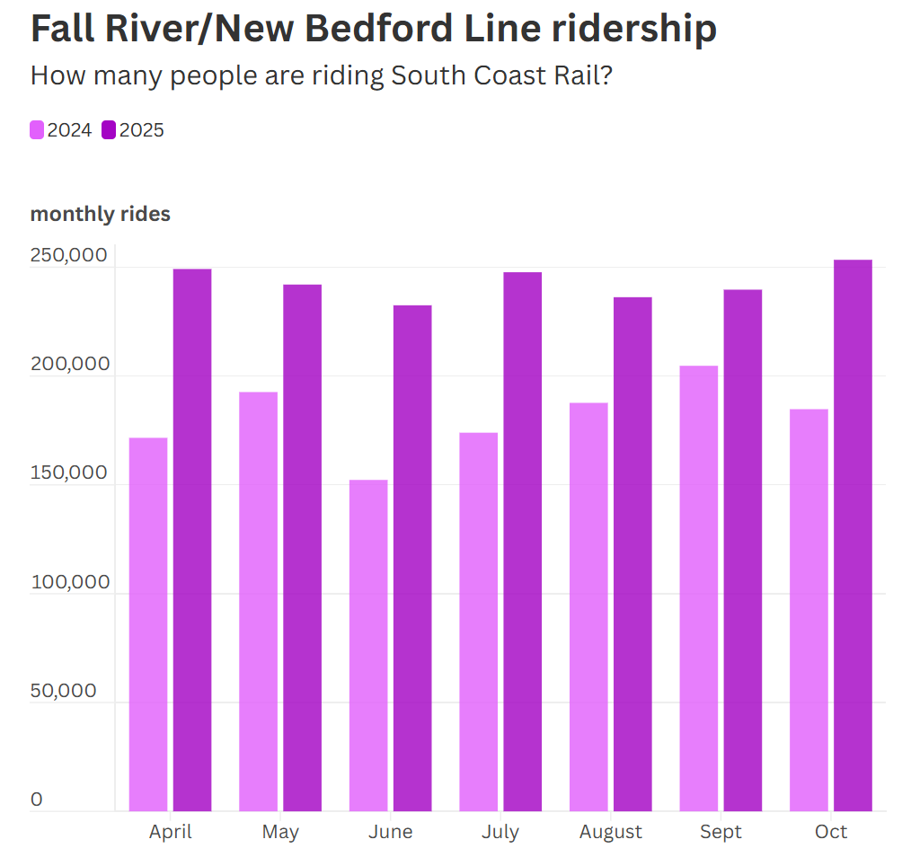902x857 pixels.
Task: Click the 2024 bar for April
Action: (x=148, y=624)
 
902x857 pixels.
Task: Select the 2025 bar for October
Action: (x=853, y=535)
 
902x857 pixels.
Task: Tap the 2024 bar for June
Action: (x=368, y=645)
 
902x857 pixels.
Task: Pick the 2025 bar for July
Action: (x=522, y=542)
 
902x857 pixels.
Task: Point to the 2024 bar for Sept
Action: (x=698, y=588)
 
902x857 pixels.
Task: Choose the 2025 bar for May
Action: (x=302, y=548)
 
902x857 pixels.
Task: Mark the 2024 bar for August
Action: (x=588, y=606)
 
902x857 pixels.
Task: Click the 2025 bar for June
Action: (x=412, y=558)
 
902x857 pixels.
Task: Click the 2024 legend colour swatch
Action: (x=37, y=130)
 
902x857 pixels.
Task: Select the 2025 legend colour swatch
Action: (x=109, y=130)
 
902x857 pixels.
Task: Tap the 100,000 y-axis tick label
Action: (x=70, y=582)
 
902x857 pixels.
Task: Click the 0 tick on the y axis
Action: (x=37, y=800)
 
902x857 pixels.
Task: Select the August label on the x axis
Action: (x=611, y=832)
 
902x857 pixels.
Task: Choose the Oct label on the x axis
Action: (x=831, y=832)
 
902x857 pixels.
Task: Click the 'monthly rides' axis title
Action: (x=101, y=214)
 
